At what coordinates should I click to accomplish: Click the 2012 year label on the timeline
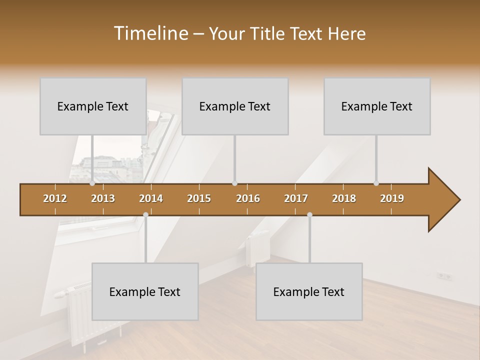(x=55, y=198)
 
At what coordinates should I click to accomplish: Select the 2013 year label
(x=103, y=198)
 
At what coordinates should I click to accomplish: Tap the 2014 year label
(x=151, y=198)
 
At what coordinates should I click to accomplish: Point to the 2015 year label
(x=199, y=198)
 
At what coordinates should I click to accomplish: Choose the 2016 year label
(x=248, y=198)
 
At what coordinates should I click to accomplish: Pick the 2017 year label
(x=296, y=198)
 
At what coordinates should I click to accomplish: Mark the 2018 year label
(x=344, y=198)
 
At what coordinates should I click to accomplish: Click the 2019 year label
(x=392, y=198)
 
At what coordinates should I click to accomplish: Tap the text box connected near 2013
(x=93, y=106)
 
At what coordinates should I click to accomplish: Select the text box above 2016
(x=235, y=106)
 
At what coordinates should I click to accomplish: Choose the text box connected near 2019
(x=377, y=106)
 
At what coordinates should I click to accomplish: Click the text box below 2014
(x=145, y=291)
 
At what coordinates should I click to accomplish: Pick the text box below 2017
(x=309, y=291)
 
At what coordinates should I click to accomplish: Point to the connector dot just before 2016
(x=235, y=183)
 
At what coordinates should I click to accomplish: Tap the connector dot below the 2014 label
(x=145, y=214)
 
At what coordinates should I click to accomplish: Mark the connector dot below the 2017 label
(x=309, y=214)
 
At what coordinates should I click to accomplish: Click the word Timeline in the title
(x=150, y=33)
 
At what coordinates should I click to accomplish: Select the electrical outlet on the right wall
(x=444, y=275)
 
